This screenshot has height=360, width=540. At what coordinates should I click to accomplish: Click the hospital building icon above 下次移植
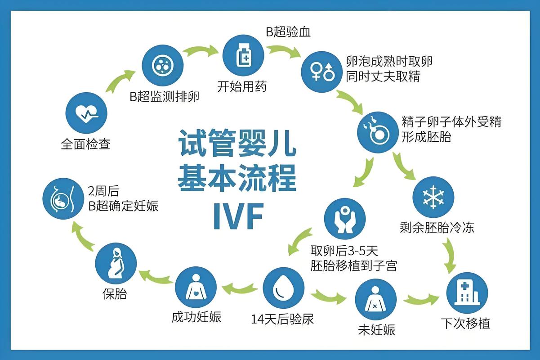(467, 292)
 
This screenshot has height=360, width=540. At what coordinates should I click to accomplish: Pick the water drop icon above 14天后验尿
(282, 289)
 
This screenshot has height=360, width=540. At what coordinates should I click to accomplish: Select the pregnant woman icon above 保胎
(116, 264)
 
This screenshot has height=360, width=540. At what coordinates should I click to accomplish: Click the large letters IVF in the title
(237, 216)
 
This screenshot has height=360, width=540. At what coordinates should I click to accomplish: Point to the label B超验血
(288, 32)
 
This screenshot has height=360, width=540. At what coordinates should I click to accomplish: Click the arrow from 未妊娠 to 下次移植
(421, 299)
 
